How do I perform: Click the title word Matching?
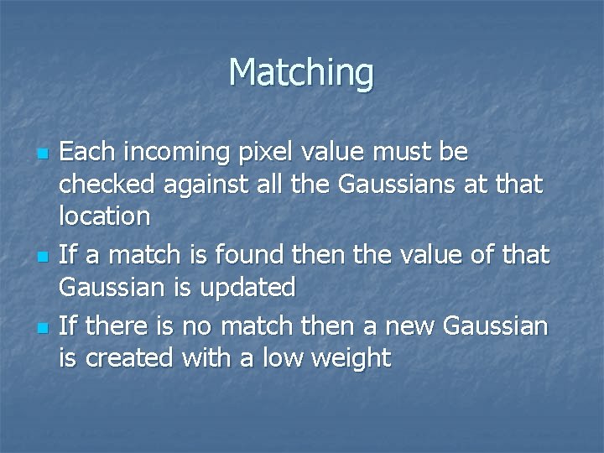tap(301, 73)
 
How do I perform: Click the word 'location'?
tap(105, 216)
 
